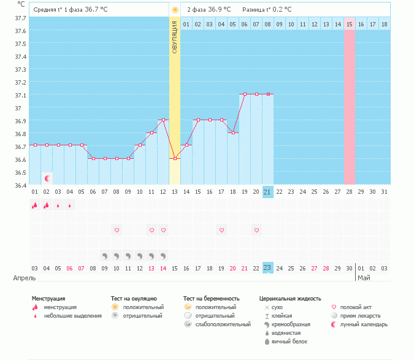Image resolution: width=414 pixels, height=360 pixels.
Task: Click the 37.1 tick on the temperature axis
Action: (21, 95)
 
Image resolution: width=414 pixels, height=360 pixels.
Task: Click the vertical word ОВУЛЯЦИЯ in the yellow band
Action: (175, 37)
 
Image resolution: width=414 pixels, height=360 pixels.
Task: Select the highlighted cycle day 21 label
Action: (267, 192)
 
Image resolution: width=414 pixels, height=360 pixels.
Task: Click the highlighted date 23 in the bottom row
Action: (267, 267)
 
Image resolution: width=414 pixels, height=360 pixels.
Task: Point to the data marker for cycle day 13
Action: (175, 158)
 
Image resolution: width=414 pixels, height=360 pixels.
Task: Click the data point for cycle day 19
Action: (245, 94)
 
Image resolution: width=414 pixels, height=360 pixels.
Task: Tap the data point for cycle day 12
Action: (163, 120)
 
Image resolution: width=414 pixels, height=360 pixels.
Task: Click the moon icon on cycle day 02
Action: (47, 178)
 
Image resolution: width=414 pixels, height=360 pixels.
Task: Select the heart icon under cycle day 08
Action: (117, 230)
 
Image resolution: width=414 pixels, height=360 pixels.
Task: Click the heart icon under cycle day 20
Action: (256, 230)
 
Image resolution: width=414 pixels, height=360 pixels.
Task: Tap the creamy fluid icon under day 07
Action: (105, 255)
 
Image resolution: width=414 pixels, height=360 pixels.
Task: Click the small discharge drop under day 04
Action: (70, 205)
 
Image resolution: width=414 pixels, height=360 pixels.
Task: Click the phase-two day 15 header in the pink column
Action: (350, 24)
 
